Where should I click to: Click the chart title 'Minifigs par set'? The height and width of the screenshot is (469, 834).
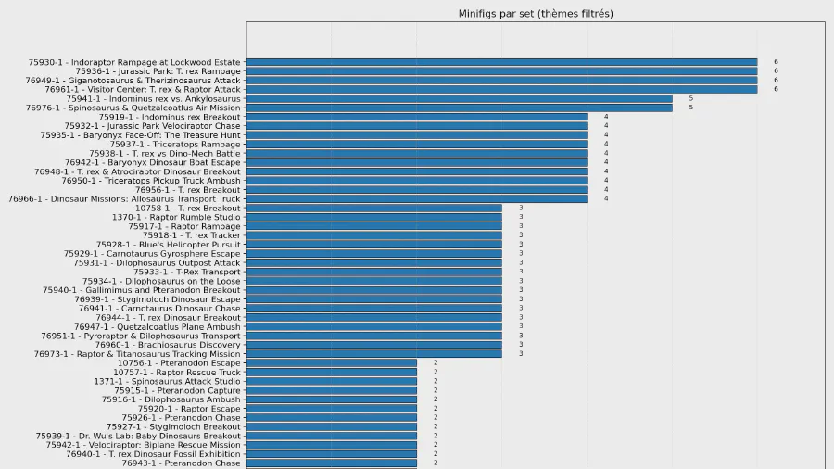coord(536,14)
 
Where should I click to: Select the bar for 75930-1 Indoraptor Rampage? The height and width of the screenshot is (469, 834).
coord(501,62)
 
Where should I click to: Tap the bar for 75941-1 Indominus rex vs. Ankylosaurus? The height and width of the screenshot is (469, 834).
coord(459,98)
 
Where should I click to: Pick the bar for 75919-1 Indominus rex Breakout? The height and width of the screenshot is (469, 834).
coord(416,117)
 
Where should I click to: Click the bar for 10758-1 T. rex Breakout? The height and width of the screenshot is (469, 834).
coord(373,209)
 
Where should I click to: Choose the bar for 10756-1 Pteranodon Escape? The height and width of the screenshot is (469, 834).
coord(331,363)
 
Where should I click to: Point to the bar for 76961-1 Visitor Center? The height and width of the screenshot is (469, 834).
coord(501,89)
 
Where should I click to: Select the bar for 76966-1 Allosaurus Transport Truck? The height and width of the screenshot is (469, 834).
coord(416,199)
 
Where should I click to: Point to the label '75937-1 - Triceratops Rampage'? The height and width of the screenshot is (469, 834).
coord(175,145)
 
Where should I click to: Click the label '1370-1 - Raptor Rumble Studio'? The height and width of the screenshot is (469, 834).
coord(176,218)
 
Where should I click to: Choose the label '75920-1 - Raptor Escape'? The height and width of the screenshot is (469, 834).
coord(189,409)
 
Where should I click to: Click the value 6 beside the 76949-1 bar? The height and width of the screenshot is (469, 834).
coord(776,81)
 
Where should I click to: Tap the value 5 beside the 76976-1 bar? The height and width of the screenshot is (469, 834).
coord(690,108)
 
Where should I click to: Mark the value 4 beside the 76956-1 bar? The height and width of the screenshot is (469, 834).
coord(605,190)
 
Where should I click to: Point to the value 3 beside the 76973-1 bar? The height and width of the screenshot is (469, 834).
coord(520,354)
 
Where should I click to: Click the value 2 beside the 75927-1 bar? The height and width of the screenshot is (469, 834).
coord(435,427)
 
